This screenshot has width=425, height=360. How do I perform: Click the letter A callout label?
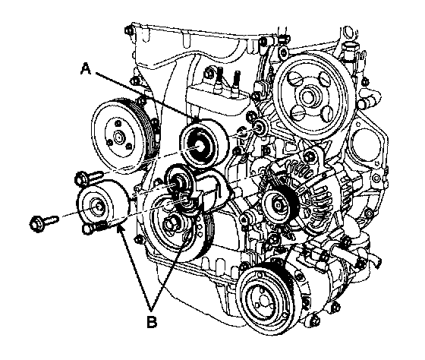pyautogui.click(x=86, y=68)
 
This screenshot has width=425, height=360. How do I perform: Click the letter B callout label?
pyautogui.click(x=152, y=322)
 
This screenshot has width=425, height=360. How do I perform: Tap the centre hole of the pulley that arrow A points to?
pyautogui.click(x=200, y=147)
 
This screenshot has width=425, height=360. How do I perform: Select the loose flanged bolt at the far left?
pyautogui.click(x=44, y=220)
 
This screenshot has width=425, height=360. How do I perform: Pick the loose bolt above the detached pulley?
pyautogui.click(x=89, y=177)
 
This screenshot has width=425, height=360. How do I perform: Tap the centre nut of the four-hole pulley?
pyautogui.click(x=307, y=97)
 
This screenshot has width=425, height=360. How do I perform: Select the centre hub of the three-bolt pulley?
pyautogui.click(x=118, y=137)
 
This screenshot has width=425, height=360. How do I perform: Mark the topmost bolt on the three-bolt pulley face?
pyautogui.click(x=118, y=124)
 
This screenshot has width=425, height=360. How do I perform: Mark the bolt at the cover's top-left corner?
pyautogui.click(x=128, y=30)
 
